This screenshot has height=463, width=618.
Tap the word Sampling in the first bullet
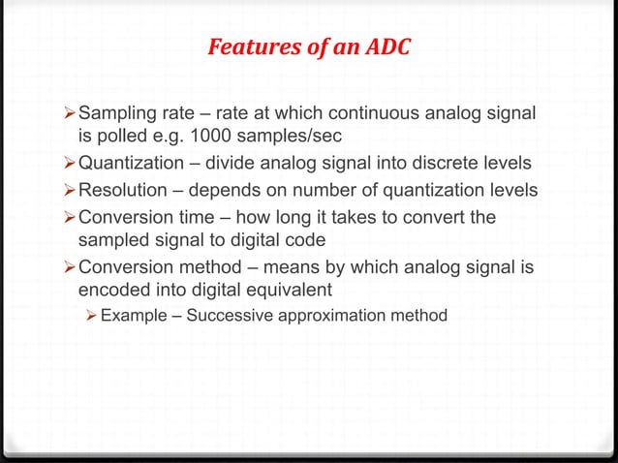(x=116, y=117)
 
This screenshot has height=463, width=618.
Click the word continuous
(x=374, y=117)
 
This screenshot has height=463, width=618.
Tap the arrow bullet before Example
(x=90, y=314)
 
